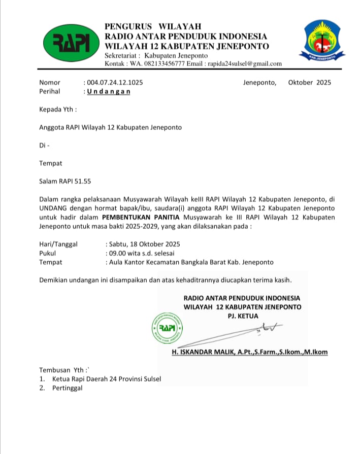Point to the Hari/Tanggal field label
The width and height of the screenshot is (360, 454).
pos(58,244)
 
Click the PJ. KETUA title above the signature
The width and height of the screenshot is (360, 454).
pos(243,316)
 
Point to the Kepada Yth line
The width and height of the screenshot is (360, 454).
pos(58,109)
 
